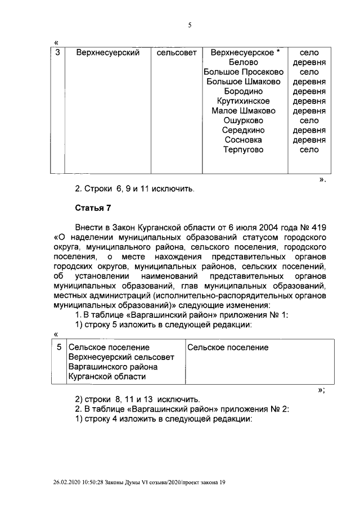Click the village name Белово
[244, 62]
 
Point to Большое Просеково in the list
[244, 72]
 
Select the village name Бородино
[244, 91]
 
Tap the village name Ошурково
[244, 120]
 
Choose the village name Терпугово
[244, 150]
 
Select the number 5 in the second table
[59, 348]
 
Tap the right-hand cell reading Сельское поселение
[228, 348]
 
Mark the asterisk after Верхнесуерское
[278, 52]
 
